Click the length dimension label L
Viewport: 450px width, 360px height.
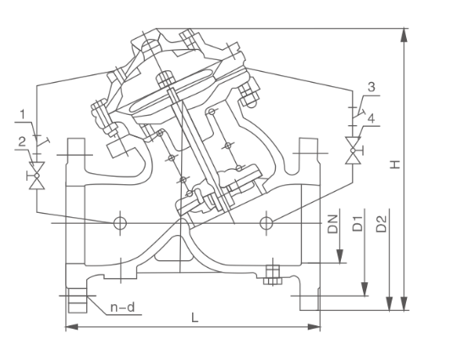[x=195, y=318]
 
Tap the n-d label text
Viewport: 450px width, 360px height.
[x=124, y=308]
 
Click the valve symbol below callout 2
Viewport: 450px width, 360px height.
[x=36, y=178]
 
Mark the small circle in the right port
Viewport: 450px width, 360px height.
[x=266, y=222]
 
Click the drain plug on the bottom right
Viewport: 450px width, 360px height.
[x=272, y=272]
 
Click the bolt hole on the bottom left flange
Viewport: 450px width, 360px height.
[x=74, y=300]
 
